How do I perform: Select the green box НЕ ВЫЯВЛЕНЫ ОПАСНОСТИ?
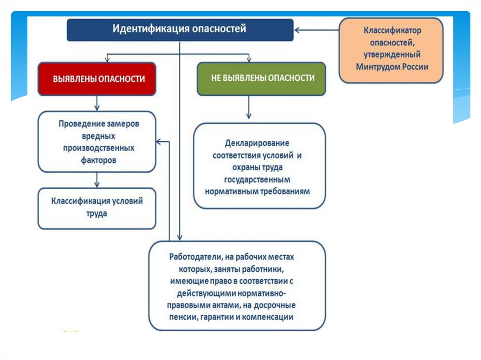pyautogui.click(x=262, y=78)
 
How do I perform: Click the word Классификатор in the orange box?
pyautogui.click(x=392, y=31)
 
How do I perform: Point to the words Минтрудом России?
pyautogui.click(x=392, y=67)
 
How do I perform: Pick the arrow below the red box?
pyautogui.click(x=96, y=103)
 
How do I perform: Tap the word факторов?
pyautogui.click(x=97, y=160)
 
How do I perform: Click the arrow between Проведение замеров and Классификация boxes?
pyautogui.click(x=96, y=180)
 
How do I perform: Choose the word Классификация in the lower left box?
pyautogui.click(x=81, y=201)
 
